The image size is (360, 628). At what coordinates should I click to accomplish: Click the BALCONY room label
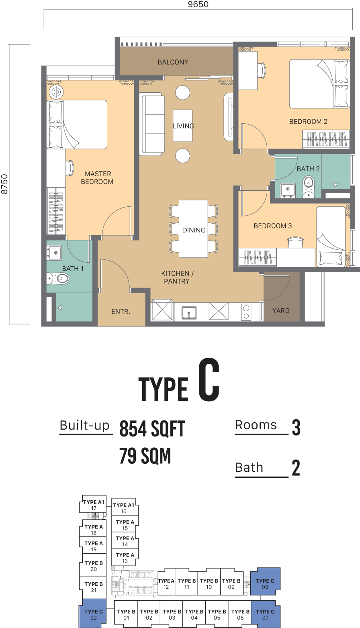pos(173,62)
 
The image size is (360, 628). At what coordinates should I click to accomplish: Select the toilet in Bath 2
pos(309,187)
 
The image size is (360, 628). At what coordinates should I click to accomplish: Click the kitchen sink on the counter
pos(189,313)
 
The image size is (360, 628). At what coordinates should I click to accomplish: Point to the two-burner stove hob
pos(246,312)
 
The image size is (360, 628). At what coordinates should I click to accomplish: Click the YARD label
pos(280,311)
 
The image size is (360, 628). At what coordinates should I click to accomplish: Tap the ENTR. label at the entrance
pos(121,312)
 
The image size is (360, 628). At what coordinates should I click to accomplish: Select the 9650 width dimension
pos(198,4)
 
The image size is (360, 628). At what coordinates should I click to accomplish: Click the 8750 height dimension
pos(4,184)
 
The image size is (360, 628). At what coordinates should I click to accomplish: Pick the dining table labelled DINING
pos(194,229)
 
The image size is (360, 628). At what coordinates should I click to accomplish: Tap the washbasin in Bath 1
pos(54,253)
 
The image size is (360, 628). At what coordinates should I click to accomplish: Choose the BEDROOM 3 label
pos(272,226)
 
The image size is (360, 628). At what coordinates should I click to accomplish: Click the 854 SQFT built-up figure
pos(152,429)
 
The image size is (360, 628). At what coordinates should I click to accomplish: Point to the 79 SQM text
pos(145,456)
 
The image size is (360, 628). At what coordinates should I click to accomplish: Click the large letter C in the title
pos(209,380)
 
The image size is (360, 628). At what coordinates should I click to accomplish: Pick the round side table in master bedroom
pos(56,92)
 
